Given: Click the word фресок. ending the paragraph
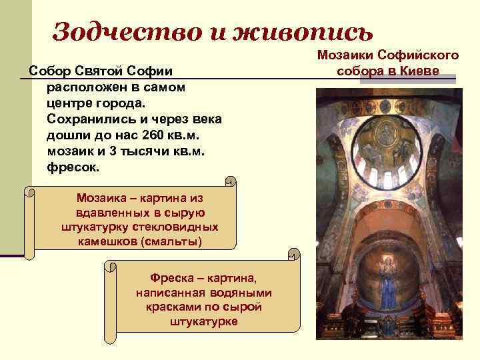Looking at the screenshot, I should (73, 167).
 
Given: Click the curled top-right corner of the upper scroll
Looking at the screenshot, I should (231, 181).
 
